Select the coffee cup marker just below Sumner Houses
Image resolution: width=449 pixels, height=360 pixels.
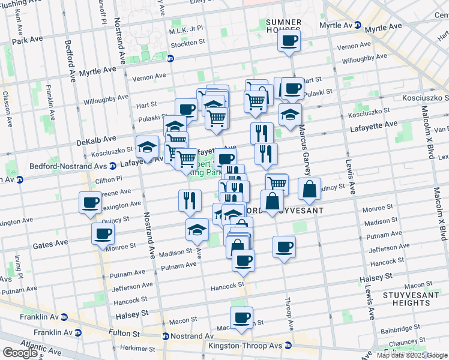(x=289, y=41)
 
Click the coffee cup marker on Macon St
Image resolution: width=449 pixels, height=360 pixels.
(x=241, y=317)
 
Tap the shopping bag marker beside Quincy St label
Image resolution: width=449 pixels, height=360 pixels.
(x=309, y=188)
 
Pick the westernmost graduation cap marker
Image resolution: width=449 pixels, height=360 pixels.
(x=147, y=146)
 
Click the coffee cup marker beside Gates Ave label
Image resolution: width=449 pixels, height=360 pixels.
(x=103, y=233)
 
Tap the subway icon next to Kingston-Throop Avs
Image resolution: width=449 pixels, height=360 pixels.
(x=288, y=346)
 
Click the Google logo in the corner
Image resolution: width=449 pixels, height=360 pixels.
(x=20, y=353)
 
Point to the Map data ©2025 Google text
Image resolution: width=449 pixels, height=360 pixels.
(x=412, y=355)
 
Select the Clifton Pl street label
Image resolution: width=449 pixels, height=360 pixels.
(x=108, y=179)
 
